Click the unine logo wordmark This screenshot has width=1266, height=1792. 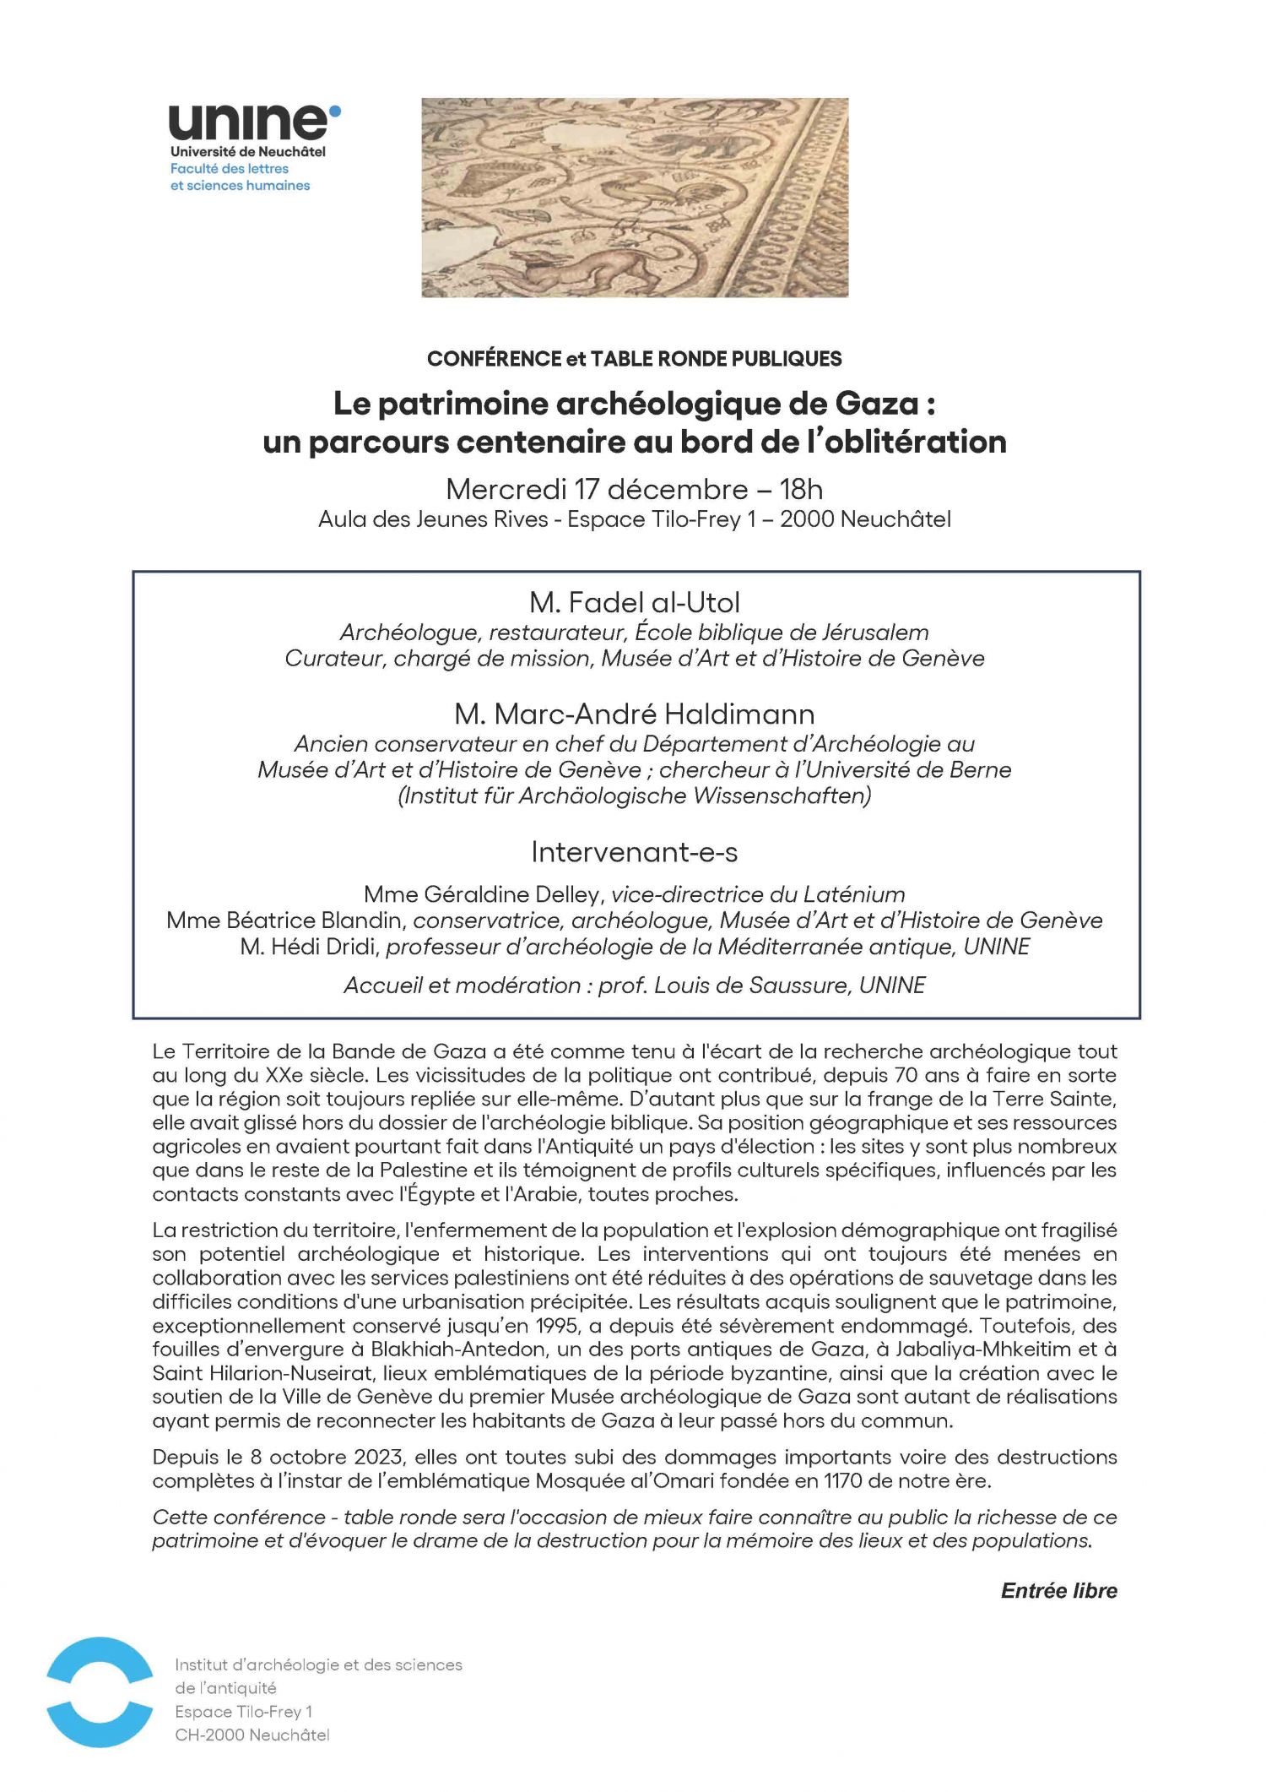tap(248, 123)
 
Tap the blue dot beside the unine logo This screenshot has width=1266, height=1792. tap(335, 110)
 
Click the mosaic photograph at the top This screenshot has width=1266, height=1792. tap(635, 197)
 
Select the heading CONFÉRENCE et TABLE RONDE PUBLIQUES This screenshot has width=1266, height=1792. tap(634, 359)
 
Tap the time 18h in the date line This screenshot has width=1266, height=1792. tap(801, 489)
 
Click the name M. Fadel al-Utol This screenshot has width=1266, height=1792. tap(635, 602)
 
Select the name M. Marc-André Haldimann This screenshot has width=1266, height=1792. tap(635, 714)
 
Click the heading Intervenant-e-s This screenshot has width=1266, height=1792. tap(635, 852)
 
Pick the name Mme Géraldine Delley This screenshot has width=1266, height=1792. tap(484, 894)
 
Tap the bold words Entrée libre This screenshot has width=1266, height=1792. tap(1058, 1591)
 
